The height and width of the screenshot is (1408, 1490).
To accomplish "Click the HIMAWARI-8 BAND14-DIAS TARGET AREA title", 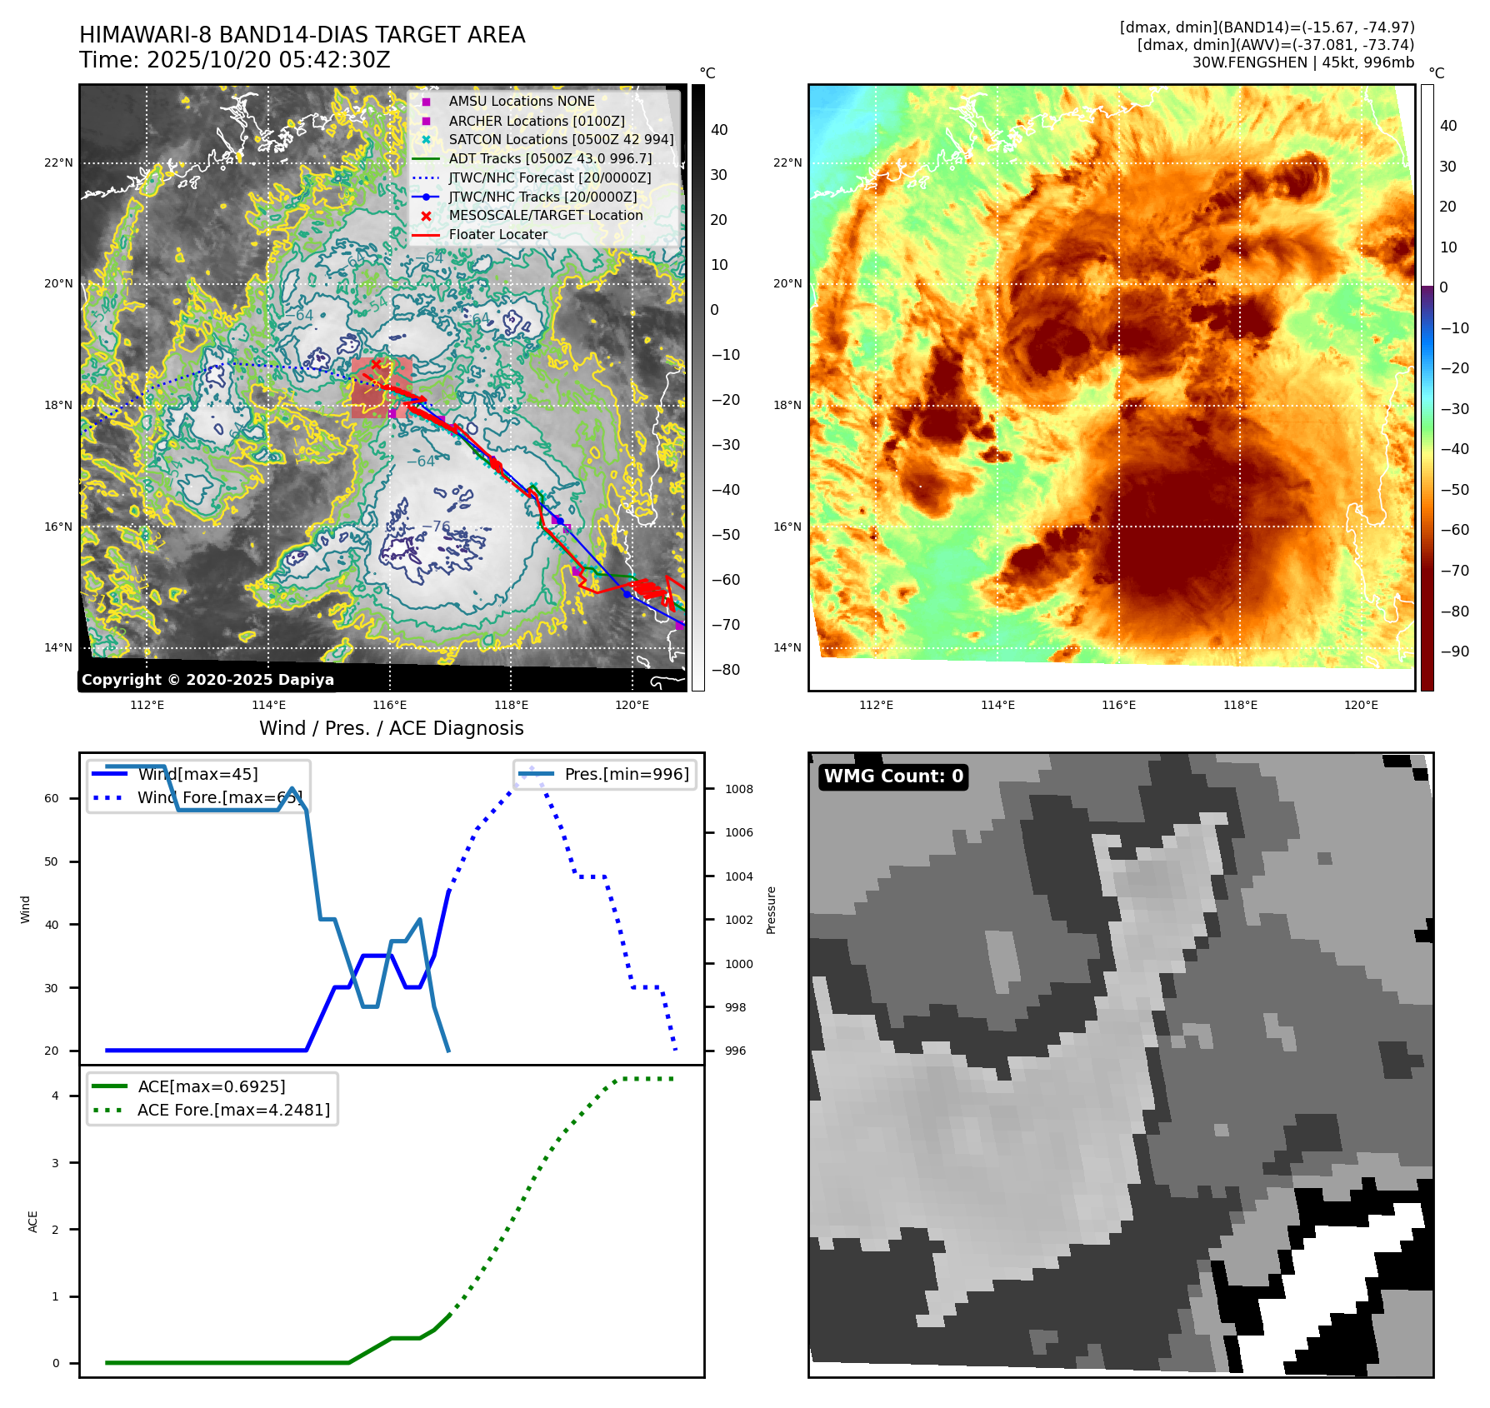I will pyautogui.click(x=302, y=35).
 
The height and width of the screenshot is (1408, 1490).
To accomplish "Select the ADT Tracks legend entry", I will pyautogui.click(x=550, y=158).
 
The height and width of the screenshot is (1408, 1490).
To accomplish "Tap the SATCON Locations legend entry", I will pyautogui.click(x=561, y=139).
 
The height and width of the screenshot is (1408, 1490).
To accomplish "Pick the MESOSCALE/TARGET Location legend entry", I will pyautogui.click(x=546, y=215).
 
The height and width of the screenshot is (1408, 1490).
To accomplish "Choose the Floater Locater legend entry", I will pyautogui.click(x=498, y=234).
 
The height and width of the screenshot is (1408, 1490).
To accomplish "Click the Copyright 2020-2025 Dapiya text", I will pyautogui.click(x=207, y=679).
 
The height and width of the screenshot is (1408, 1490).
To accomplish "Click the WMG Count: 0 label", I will pyautogui.click(x=893, y=776).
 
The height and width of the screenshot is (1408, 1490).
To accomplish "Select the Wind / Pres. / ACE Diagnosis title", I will pyautogui.click(x=391, y=728).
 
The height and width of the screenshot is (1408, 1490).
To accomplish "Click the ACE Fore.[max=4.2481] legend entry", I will pyautogui.click(x=233, y=1110).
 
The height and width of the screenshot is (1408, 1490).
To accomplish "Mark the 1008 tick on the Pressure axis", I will pyautogui.click(x=738, y=789).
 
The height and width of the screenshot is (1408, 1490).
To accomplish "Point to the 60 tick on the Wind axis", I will pyautogui.click(x=52, y=798).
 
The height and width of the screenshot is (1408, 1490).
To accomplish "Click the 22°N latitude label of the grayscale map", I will pyautogui.click(x=58, y=162).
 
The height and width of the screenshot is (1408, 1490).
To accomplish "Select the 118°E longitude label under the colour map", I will pyautogui.click(x=1240, y=705).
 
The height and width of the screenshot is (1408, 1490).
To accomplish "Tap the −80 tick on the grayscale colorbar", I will pyautogui.click(x=725, y=669).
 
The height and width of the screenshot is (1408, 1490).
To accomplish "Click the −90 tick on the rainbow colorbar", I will pyautogui.click(x=1455, y=651).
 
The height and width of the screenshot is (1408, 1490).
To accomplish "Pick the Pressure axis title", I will pyautogui.click(x=771, y=910).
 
